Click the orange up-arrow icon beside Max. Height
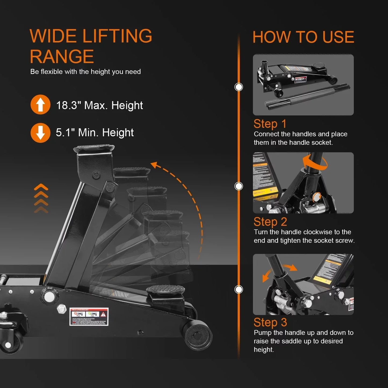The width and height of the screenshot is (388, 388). click(x=40, y=105)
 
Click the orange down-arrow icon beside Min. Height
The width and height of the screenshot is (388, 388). click(x=40, y=133)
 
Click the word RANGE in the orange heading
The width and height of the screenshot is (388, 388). click(x=62, y=57)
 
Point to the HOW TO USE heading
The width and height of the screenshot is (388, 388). click(x=303, y=37)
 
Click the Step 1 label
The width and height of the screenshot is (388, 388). click(x=270, y=124)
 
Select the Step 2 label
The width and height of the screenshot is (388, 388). click(x=270, y=222)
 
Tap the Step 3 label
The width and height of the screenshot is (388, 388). click(x=270, y=322)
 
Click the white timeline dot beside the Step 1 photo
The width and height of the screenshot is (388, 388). click(x=239, y=87)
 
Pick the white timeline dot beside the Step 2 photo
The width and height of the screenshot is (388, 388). click(x=239, y=186)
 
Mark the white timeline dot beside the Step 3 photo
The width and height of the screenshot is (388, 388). click(x=239, y=289)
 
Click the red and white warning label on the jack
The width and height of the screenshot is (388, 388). click(x=89, y=317)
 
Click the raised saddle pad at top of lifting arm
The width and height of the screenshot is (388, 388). click(x=94, y=148)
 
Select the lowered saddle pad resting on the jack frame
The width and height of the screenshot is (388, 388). click(x=166, y=290)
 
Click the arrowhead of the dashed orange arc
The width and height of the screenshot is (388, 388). click(x=154, y=165)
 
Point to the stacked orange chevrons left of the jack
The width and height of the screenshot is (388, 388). click(x=41, y=199)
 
